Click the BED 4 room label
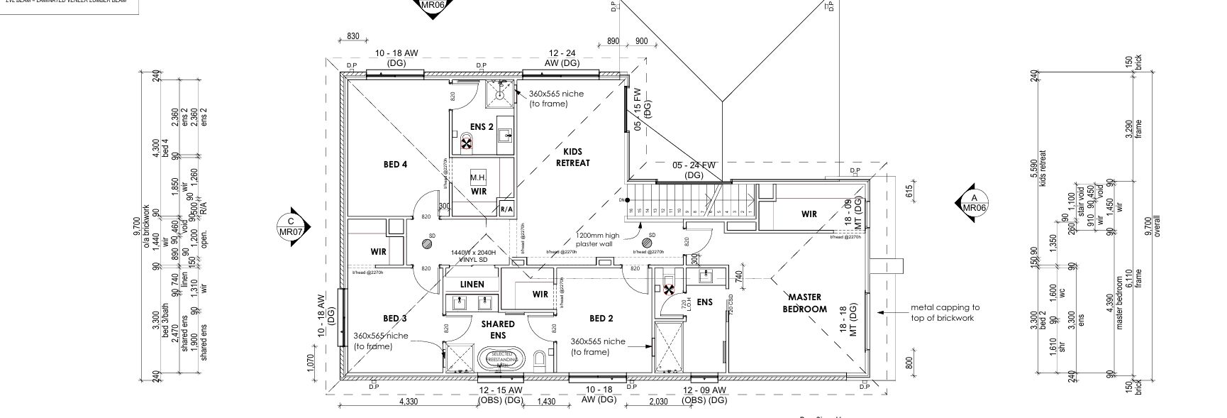click(395, 165)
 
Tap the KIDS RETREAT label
click(577, 157)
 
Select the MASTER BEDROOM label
click(804, 303)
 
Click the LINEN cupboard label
click(472, 285)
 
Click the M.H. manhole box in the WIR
click(477, 177)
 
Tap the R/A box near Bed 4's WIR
click(506, 209)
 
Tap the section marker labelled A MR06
click(974, 203)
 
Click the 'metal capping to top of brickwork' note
click(945, 312)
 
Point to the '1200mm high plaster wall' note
click(598, 240)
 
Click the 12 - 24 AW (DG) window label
click(562, 58)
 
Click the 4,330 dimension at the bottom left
click(409, 402)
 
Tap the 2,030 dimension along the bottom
click(657, 402)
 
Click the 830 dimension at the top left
click(353, 37)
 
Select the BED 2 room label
click(601, 318)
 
